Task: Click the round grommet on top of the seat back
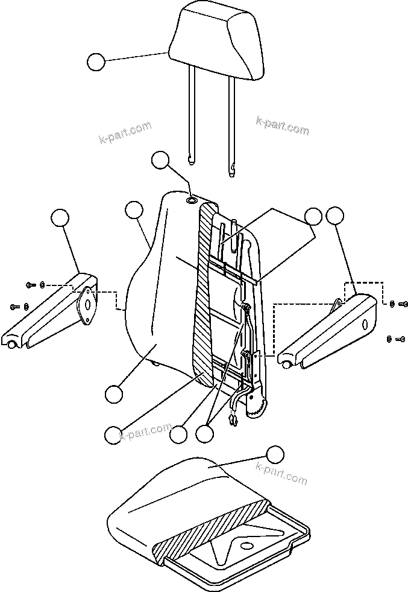click(x=192, y=200)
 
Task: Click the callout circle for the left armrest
click(x=59, y=218)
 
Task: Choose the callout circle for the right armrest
click(x=334, y=215)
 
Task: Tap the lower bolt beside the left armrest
click(x=14, y=307)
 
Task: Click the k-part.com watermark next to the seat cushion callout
click(x=281, y=473)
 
